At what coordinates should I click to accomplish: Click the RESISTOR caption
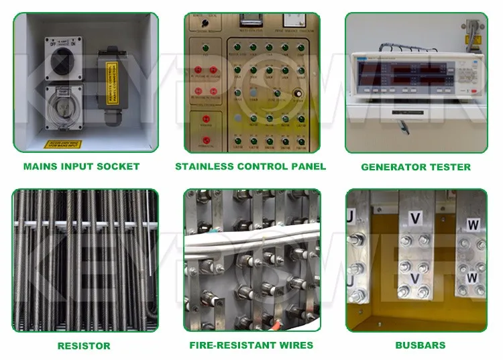point(85,346)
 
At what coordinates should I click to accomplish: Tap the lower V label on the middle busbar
point(414,276)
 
